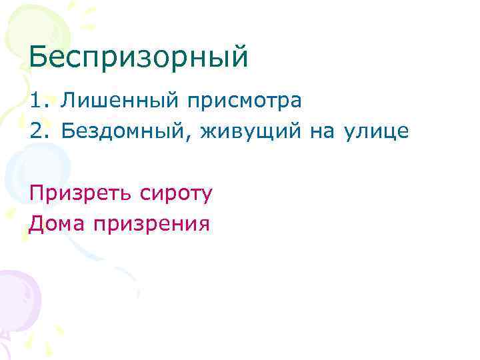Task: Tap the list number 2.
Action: pyautogui.click(x=37, y=132)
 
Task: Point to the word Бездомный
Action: pyautogui.click(x=124, y=132)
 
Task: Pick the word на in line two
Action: pyautogui.click(x=323, y=132)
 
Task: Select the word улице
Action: pyautogui.click(x=377, y=132)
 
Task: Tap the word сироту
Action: pyautogui.click(x=177, y=193)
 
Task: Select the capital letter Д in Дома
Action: pyautogui.click(x=37, y=223)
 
